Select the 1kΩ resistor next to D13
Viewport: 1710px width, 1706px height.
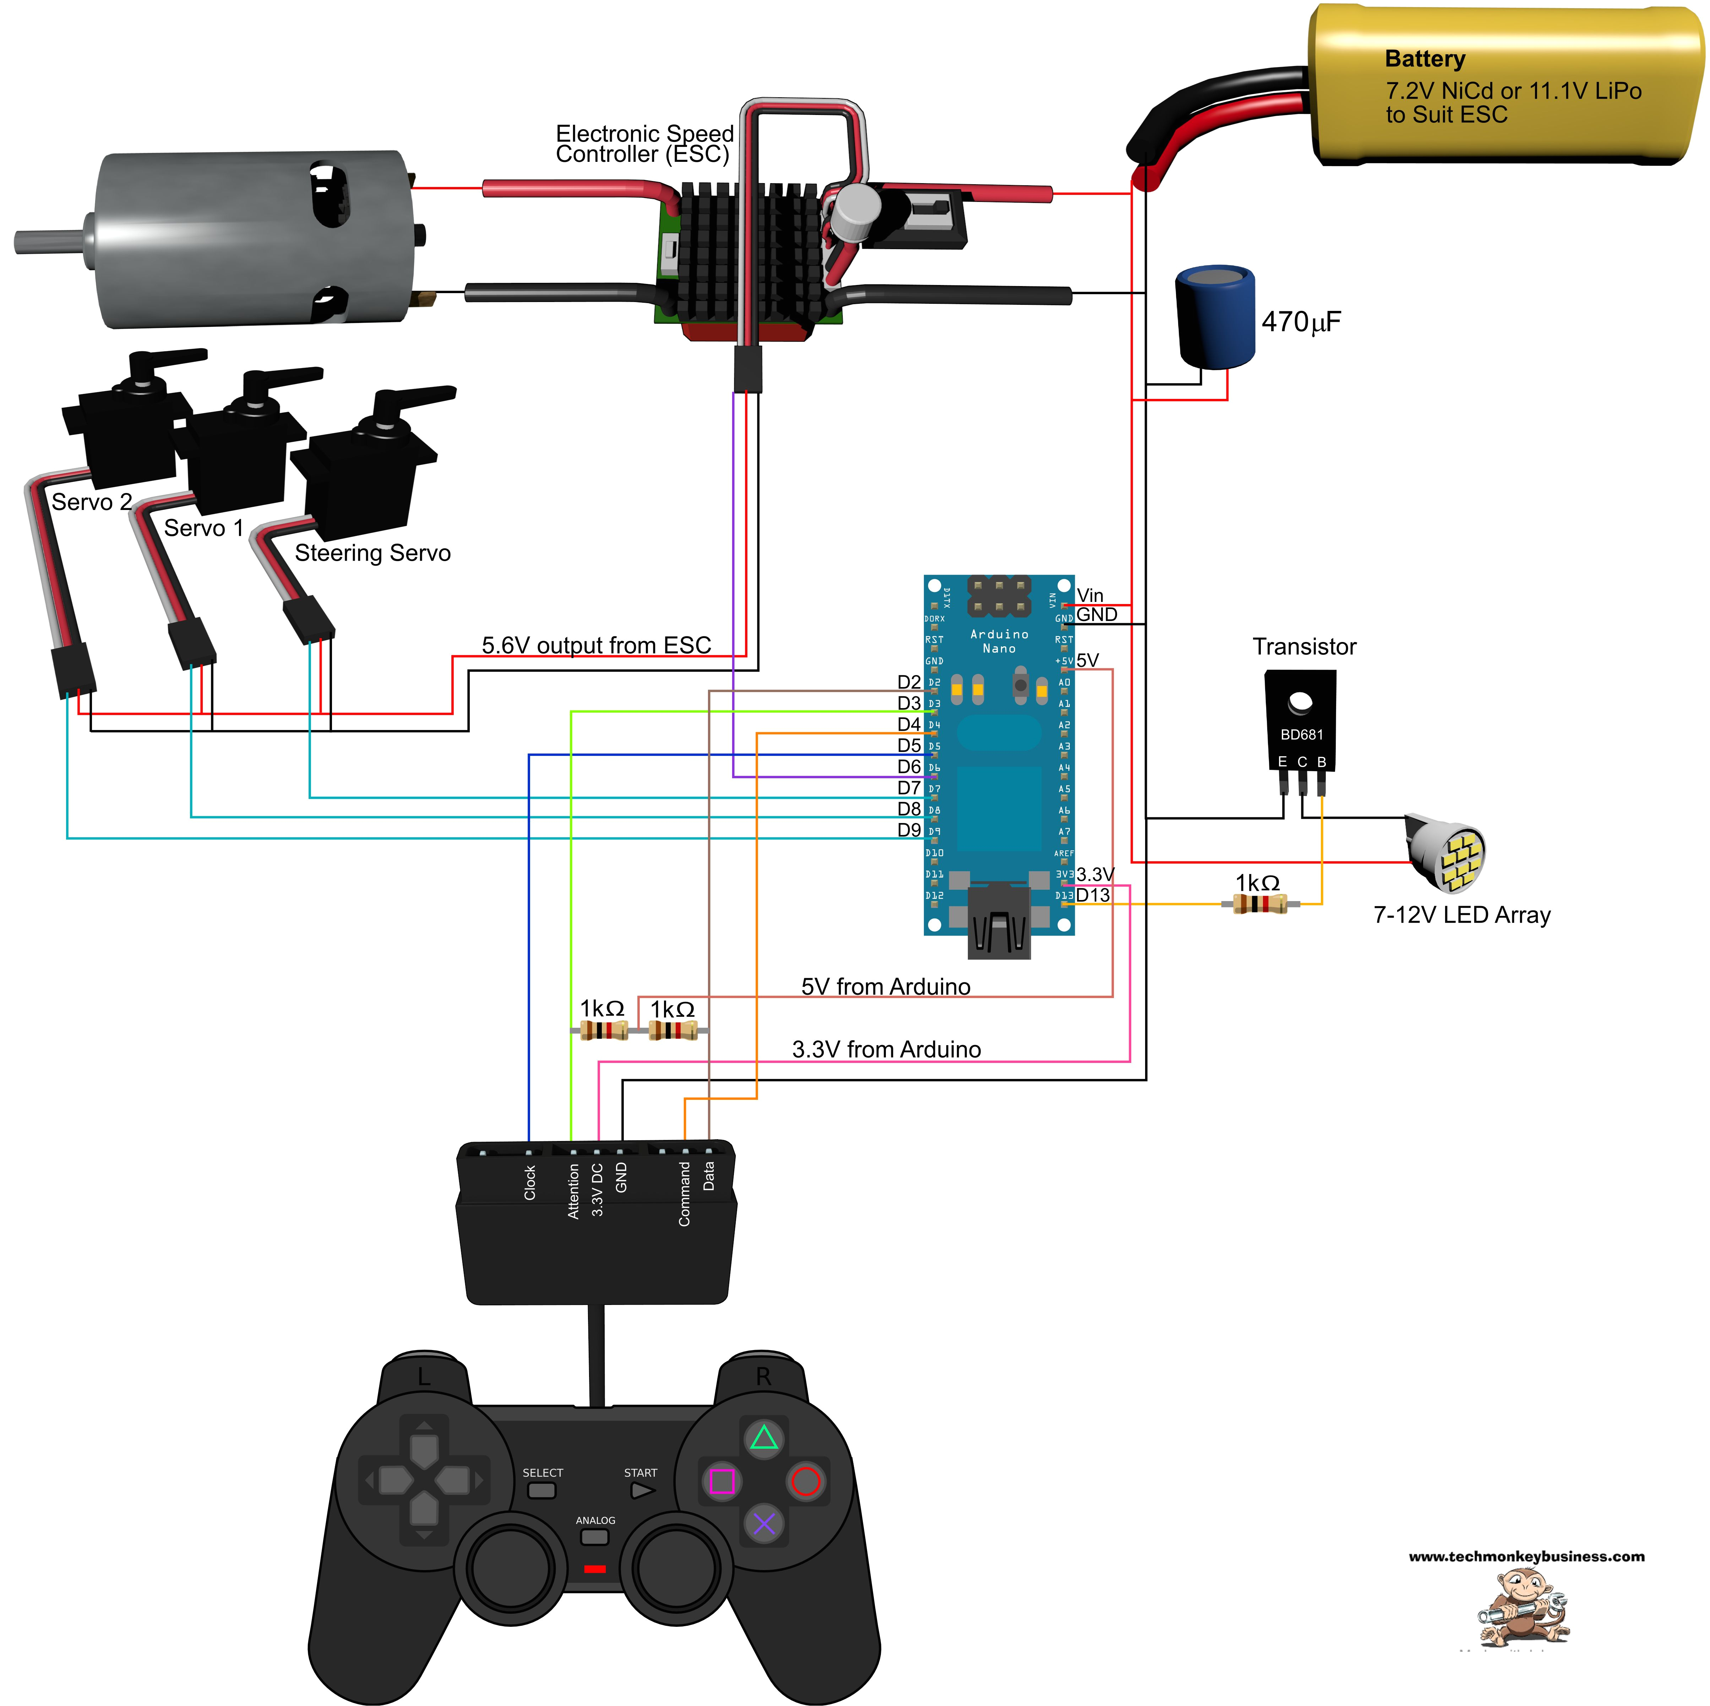click(1259, 904)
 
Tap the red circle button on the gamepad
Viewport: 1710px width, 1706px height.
click(805, 1480)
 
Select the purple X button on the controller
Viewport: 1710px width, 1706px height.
click(764, 1524)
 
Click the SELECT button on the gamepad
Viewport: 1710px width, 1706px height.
click(542, 1490)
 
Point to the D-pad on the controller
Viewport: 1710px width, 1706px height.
click(424, 1480)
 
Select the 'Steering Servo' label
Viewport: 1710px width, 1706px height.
click(372, 553)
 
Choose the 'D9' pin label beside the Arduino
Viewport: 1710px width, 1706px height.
click(909, 830)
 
